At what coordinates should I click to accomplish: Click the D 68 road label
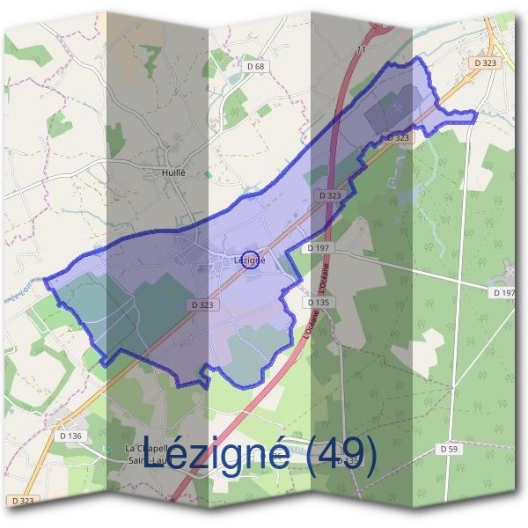[x=256, y=66]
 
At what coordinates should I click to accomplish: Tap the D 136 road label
[x=73, y=436]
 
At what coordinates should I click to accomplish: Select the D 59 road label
[x=449, y=449]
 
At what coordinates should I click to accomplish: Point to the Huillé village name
[x=173, y=173]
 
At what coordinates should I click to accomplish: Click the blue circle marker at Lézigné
[x=250, y=260]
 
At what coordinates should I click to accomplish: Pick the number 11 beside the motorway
[x=361, y=50]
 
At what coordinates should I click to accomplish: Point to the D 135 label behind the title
[x=348, y=460]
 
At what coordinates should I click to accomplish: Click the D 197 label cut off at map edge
[x=505, y=291]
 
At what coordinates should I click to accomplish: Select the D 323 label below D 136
[x=25, y=500]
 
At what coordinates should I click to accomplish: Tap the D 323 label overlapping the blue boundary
[x=398, y=138]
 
